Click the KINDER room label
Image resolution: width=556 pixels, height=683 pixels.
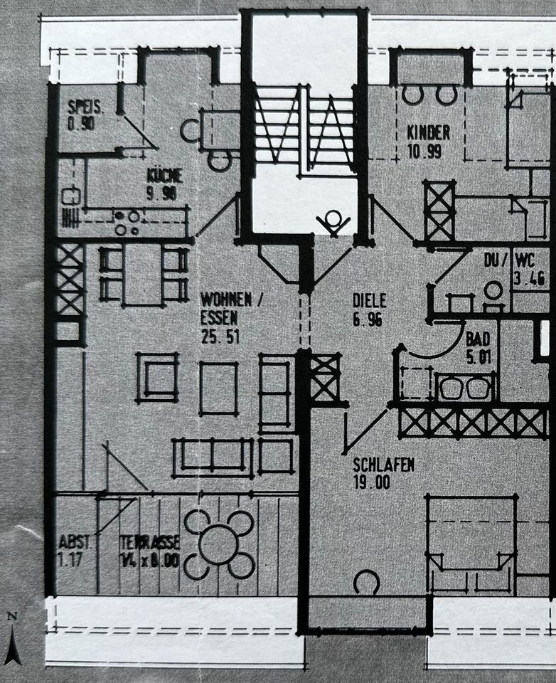click(x=428, y=132)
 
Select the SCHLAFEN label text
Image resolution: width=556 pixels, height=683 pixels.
click(x=383, y=465)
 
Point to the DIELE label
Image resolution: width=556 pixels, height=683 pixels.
click(x=369, y=300)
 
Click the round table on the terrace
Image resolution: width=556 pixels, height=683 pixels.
click(x=219, y=544)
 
